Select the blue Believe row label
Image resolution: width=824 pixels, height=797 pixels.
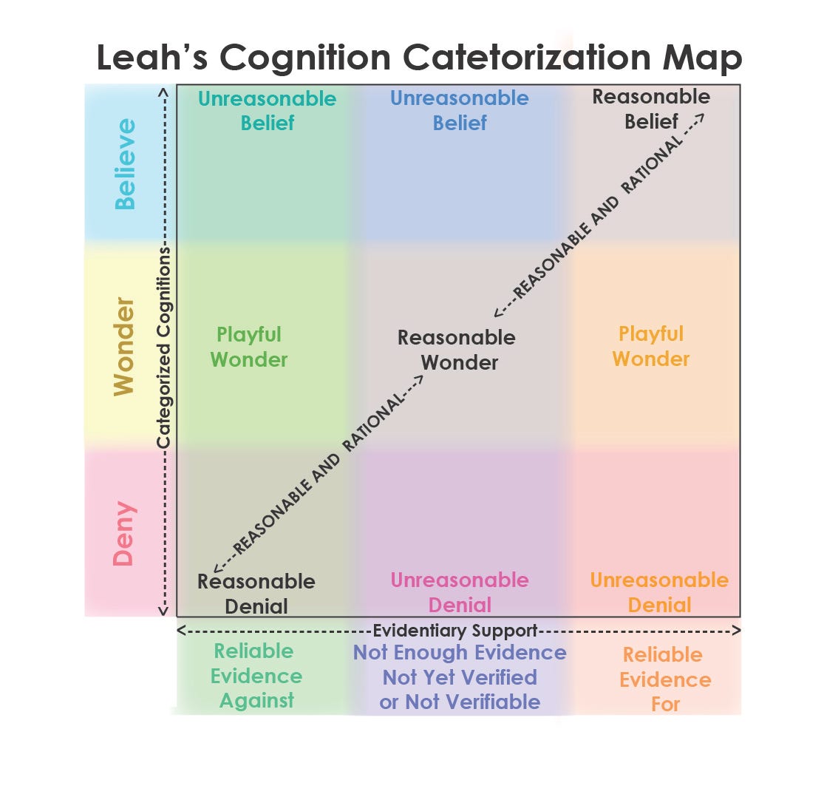coord(125,163)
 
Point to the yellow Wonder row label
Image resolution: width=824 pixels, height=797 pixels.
coord(125,346)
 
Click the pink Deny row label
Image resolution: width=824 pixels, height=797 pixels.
coord(125,533)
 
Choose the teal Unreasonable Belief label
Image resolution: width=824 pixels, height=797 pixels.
coord(267,110)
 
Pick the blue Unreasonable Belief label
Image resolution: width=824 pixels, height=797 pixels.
coord(459,109)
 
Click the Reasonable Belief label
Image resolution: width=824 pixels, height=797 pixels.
coord(651,109)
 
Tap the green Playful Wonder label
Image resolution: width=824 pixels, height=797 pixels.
coord(249,347)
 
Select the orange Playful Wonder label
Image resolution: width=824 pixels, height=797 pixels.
coord(651,346)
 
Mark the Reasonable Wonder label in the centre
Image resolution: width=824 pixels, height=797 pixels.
coord(457,350)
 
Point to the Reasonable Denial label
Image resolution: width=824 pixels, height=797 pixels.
coord(256,594)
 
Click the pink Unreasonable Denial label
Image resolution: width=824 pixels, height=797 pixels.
coord(460,592)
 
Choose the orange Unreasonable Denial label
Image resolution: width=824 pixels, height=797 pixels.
coord(659,592)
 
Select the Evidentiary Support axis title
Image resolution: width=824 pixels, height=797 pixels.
coord(454,631)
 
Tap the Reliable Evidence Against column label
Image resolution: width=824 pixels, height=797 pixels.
coord(256,676)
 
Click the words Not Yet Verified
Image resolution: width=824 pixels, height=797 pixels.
coord(460,677)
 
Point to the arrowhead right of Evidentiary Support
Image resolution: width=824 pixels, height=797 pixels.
coord(735,631)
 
